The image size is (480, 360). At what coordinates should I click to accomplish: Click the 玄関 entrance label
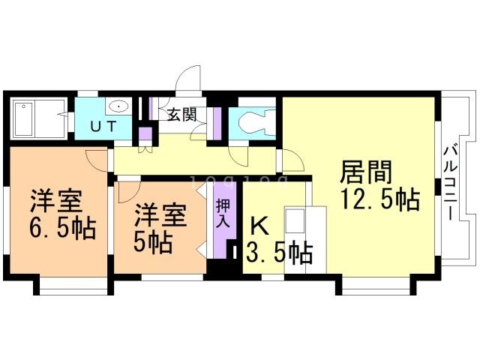click(x=181, y=115)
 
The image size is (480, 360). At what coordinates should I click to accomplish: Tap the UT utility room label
click(x=103, y=127)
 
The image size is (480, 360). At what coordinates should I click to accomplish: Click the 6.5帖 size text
click(x=62, y=229)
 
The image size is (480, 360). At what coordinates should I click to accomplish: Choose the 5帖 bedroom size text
click(x=152, y=242)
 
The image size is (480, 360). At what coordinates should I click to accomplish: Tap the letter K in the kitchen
click(x=259, y=226)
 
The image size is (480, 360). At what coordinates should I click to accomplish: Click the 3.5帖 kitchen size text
click(x=279, y=253)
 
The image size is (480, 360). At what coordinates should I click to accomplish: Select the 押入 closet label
click(x=223, y=213)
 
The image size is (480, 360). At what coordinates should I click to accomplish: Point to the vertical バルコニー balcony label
click(x=451, y=184)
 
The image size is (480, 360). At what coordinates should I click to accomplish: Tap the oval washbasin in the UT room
click(x=118, y=106)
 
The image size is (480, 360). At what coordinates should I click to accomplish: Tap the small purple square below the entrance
click(x=145, y=133)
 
